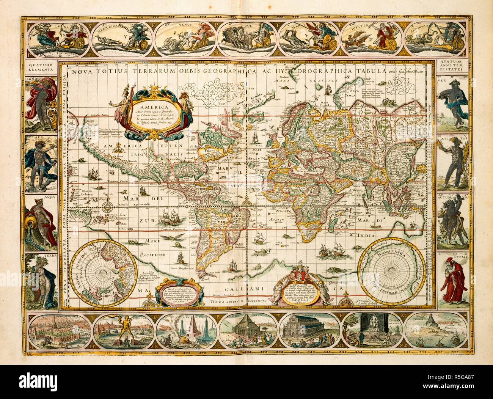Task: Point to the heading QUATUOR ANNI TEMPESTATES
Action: (x=453, y=67)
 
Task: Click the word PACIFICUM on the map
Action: (x=152, y=254)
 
